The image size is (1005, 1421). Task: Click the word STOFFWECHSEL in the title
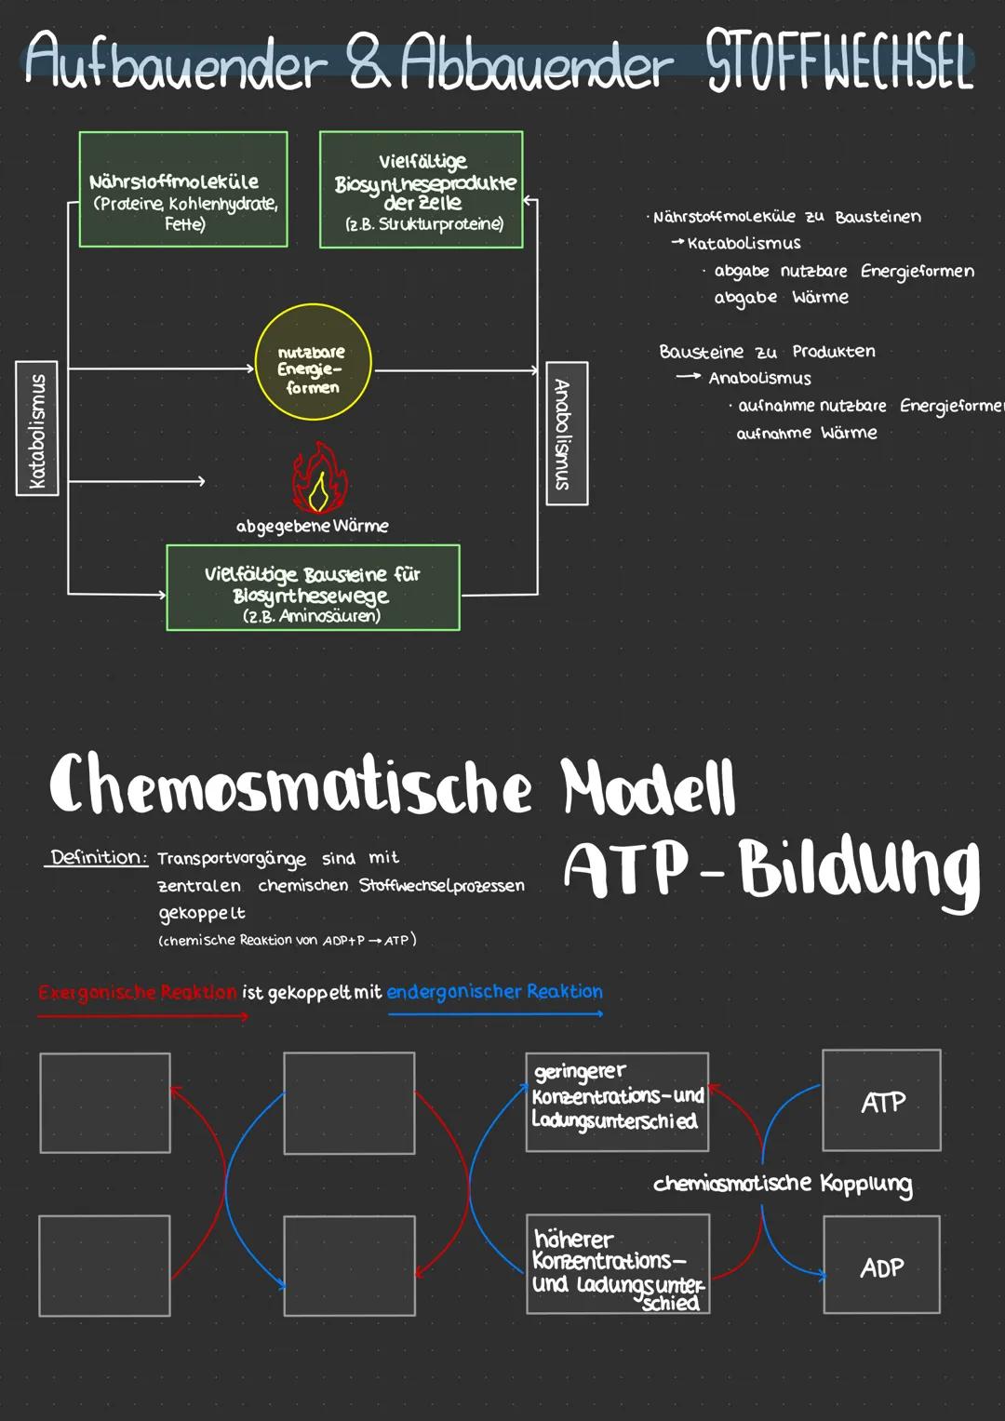click(839, 61)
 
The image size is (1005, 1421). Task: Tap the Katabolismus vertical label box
click(37, 428)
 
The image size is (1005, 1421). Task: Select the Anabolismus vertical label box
click(566, 433)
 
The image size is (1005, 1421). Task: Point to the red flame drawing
click(318, 478)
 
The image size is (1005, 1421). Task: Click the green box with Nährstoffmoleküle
click(183, 190)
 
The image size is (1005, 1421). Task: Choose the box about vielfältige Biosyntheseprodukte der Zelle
click(422, 191)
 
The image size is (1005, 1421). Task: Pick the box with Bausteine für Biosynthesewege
click(313, 588)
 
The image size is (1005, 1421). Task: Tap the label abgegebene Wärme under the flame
click(312, 527)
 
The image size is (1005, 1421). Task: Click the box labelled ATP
click(881, 1101)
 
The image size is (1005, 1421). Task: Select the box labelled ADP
click(881, 1266)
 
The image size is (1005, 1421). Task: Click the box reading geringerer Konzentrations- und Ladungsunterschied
click(617, 1102)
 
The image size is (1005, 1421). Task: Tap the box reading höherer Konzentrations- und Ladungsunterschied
click(618, 1264)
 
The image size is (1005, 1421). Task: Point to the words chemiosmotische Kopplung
click(783, 1184)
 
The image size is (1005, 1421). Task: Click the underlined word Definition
click(98, 857)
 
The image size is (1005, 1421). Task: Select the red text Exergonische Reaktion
click(138, 992)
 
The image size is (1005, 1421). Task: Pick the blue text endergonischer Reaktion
click(494, 992)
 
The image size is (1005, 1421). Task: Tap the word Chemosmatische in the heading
click(290, 786)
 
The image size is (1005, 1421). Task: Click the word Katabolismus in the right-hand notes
click(744, 244)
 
